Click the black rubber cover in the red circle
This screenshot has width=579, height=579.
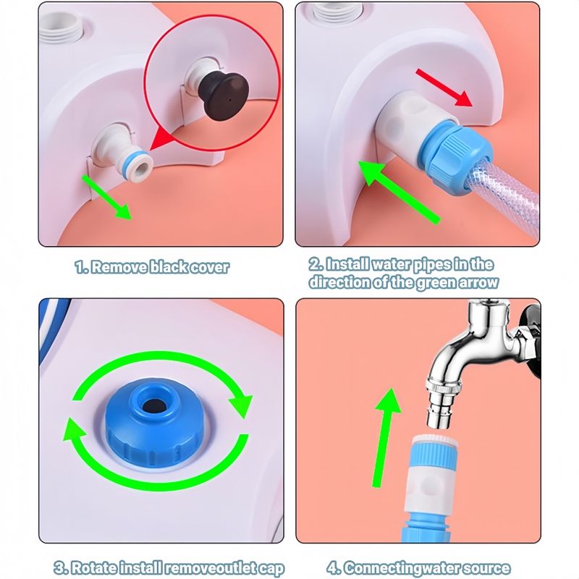[224, 96]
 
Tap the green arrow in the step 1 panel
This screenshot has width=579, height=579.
[106, 198]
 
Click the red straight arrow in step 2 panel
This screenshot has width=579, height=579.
[444, 88]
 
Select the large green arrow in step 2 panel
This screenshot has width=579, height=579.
[400, 192]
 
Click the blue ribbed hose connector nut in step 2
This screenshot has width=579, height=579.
[456, 155]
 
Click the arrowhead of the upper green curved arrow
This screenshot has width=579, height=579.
[241, 405]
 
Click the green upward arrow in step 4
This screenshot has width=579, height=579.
[385, 437]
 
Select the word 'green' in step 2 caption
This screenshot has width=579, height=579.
[436, 282]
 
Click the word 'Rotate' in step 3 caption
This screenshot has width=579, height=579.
[94, 567]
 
